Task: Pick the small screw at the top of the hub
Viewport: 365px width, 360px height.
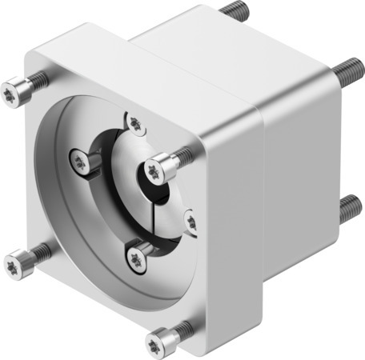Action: (x=135, y=123)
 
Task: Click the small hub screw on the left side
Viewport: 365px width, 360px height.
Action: (x=78, y=162)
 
